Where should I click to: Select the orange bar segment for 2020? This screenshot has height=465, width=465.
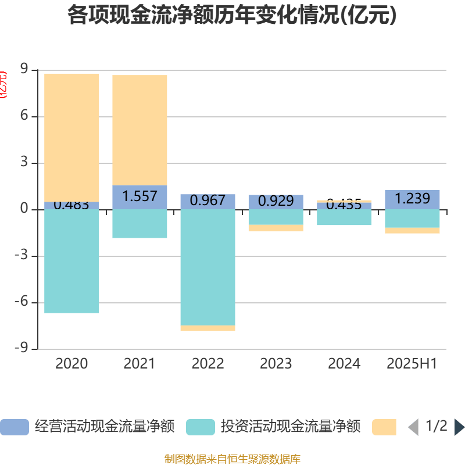(71, 137)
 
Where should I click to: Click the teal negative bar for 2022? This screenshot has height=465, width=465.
(208, 267)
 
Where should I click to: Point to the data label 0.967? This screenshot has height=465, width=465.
(208, 200)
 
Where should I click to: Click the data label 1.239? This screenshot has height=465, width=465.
(412, 199)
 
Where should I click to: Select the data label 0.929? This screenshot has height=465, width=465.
(276, 201)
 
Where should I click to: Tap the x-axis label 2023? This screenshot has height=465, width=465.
(276, 364)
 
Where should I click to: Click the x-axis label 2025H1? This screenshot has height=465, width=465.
(412, 364)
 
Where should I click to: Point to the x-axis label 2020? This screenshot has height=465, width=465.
(71, 364)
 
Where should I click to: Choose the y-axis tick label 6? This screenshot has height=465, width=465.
(24, 116)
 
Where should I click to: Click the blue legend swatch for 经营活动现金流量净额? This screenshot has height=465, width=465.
(14, 427)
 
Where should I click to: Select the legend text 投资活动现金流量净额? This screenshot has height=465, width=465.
(291, 427)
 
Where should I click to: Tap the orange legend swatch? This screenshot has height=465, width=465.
(384, 427)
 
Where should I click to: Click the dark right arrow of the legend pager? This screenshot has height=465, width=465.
(459, 427)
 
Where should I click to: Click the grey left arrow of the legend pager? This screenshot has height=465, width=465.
(413, 427)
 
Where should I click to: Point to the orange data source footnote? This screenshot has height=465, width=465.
(232, 459)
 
